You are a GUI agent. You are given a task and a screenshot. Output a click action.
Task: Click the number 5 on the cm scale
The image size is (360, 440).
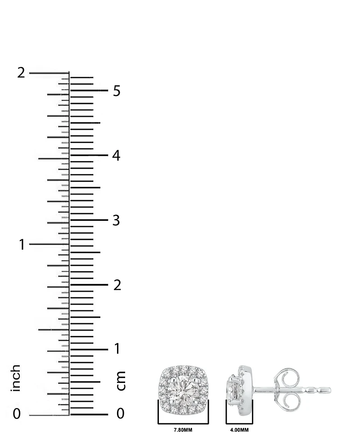pos(117,91)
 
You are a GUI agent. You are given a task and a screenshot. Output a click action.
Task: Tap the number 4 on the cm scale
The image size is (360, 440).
pos(117,156)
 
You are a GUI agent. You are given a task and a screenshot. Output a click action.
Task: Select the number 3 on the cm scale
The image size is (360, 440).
pos(117,221)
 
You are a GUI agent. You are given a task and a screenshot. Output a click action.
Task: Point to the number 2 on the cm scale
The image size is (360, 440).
pos(117,285)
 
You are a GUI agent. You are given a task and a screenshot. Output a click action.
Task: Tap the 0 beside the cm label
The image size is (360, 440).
pos(120,413)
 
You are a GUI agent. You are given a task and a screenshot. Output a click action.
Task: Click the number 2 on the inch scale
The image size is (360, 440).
pos(21,73)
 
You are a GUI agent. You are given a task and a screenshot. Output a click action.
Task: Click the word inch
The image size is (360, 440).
pos(16,378)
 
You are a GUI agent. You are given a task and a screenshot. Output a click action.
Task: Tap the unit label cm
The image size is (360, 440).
pos(121,381)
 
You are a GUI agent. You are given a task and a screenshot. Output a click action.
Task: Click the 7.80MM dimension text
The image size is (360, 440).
pos(183,430)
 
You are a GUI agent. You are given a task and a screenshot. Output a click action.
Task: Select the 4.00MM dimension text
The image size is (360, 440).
pos(239,430)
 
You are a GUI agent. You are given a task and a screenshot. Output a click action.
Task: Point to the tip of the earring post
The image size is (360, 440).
pos(328,390)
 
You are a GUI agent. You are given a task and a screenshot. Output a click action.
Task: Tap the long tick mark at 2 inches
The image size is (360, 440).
pos(49,73)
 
